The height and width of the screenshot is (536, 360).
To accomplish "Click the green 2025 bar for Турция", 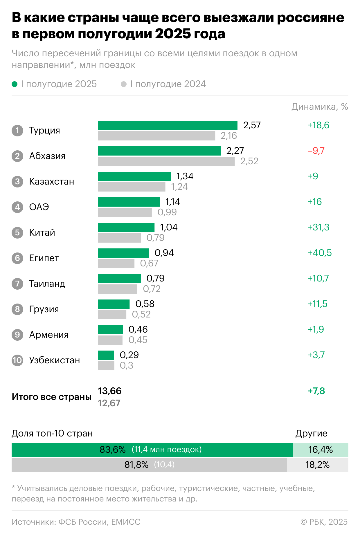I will pos(168,125).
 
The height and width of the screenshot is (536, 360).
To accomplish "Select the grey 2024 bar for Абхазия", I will pos(166,161).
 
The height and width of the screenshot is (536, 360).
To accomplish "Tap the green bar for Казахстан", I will pos(134,176).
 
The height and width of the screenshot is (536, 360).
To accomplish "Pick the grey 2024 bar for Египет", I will pos(116,264).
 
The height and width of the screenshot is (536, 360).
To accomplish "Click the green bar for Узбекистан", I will pos(106,355).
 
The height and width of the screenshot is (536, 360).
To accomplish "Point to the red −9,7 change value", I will pos(316,151).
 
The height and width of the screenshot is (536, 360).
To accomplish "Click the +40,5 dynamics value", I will pos(319,253).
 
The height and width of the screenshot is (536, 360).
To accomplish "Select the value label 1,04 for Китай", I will pos(169,227).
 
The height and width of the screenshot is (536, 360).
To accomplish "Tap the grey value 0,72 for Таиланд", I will pos(152,289).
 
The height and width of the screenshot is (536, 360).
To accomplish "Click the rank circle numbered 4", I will pos(17,207).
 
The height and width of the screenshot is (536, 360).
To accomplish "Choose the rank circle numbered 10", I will pos(17,360).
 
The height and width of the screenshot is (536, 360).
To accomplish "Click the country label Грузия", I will pos(44,309).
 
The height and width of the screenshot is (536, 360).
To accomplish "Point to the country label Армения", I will pos(49,335).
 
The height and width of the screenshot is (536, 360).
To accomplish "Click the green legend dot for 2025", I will pos(15,84).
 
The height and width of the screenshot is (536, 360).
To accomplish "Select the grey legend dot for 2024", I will pos(124,84).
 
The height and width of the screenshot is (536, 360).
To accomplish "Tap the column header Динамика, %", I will pos(320,107).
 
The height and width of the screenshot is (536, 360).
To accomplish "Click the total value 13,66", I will pos(110,391).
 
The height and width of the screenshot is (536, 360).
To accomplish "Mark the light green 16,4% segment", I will pos(321,450).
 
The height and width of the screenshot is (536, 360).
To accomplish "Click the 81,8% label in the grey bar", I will pos(136,465).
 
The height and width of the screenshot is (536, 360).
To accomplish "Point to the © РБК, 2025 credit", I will pos(324,522).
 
